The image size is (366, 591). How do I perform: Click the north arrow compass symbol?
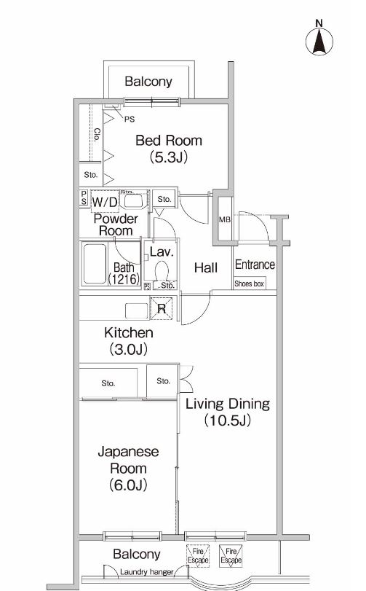[x=319, y=41]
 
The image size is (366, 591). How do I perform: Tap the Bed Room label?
[x=169, y=141]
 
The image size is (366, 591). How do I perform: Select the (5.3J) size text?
[x=169, y=157]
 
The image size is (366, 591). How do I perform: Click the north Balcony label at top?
[x=148, y=82]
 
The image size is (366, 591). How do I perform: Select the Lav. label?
[x=160, y=252]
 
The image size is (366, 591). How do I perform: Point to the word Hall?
[x=206, y=268]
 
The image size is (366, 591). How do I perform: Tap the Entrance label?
[x=255, y=265]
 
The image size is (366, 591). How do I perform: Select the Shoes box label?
[x=249, y=283]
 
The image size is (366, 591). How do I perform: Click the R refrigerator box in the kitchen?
[x=161, y=308]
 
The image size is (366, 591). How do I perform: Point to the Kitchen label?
[x=128, y=333]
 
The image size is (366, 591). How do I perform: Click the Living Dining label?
[x=227, y=404]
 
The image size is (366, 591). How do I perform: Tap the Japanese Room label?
[x=128, y=461]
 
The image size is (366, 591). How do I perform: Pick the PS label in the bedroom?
[x=129, y=119]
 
